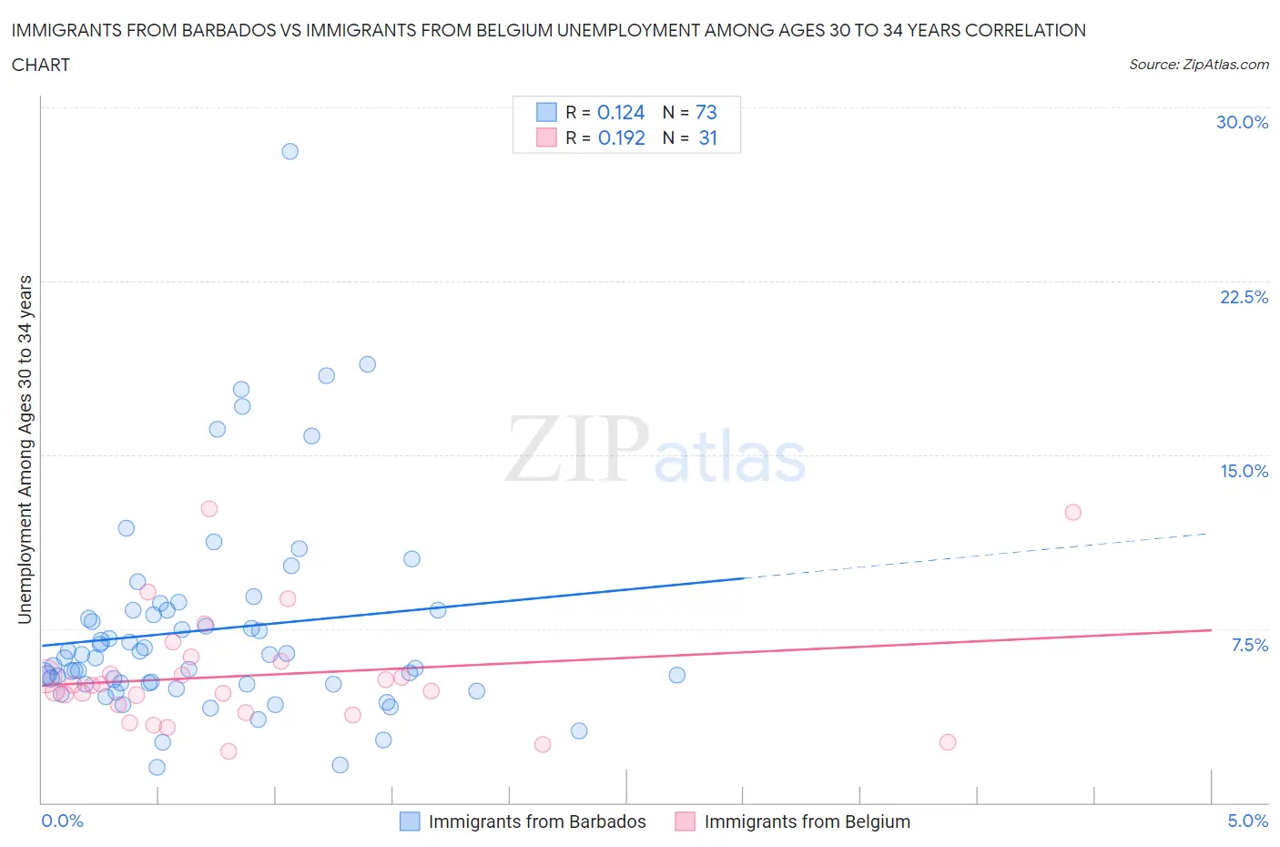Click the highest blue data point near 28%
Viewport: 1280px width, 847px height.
click(x=290, y=151)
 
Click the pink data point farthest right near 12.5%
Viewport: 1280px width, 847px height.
click(x=1072, y=512)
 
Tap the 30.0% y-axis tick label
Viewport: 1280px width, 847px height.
click(x=1242, y=122)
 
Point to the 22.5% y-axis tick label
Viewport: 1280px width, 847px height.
click(x=1244, y=297)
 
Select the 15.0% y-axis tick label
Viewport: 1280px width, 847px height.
click(x=1244, y=471)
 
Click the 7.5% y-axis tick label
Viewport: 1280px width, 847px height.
click(x=1249, y=645)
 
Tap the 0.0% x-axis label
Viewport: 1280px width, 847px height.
click(x=63, y=821)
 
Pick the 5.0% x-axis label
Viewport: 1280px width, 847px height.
click(x=1247, y=821)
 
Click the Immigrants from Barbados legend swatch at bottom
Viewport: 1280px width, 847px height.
click(x=411, y=821)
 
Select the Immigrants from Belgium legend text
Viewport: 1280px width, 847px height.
click(x=807, y=821)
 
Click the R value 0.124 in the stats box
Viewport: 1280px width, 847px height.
click(x=621, y=112)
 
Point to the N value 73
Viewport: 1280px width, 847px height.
click(x=706, y=112)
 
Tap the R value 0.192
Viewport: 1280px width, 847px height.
click(x=621, y=138)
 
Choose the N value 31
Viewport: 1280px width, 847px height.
click(x=708, y=138)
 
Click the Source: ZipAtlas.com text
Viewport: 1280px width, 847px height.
click(x=1198, y=64)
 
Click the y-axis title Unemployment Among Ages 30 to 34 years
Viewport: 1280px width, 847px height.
click(x=25, y=450)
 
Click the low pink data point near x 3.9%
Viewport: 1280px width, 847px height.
click(x=947, y=742)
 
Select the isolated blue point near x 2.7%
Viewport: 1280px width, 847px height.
click(x=676, y=675)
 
